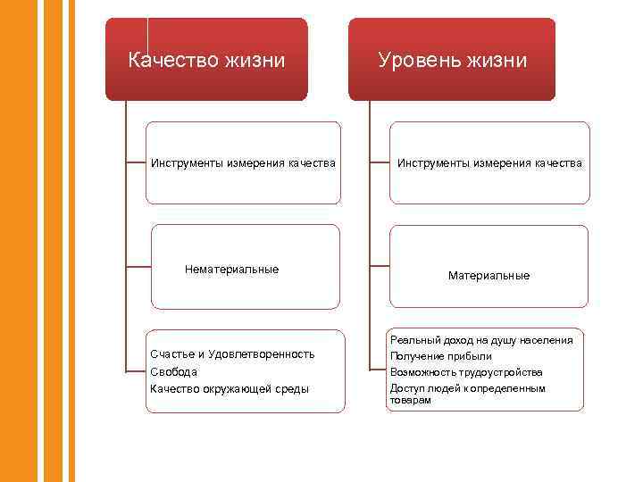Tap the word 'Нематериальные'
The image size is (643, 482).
click(231, 270)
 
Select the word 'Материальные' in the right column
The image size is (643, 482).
click(489, 276)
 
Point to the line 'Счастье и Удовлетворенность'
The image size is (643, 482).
click(232, 354)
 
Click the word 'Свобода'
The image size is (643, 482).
click(174, 371)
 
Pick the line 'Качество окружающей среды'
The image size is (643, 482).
click(230, 388)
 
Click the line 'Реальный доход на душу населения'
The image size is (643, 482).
click(481, 340)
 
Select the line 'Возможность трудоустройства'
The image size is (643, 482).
click(465, 371)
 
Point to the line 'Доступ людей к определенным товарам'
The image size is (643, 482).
click(466, 394)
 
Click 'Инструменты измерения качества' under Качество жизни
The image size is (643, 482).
click(243, 163)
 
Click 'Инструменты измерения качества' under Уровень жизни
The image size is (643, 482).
click(489, 163)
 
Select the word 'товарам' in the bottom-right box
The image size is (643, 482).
click(410, 401)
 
